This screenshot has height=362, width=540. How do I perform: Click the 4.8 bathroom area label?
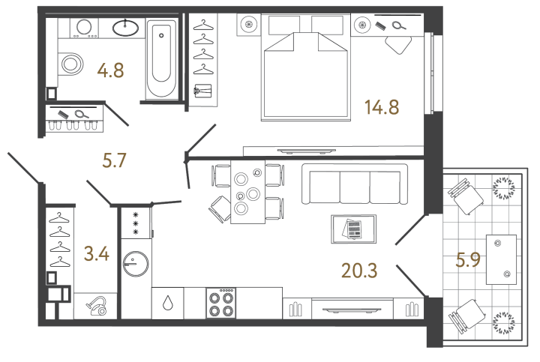pyautogui.click(x=110, y=72)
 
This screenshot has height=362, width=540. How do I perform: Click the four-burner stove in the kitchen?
pyautogui.click(x=223, y=304)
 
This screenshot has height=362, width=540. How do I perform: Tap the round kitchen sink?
pyautogui.click(x=134, y=264)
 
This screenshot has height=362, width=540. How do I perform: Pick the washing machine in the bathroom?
pyautogui.click(x=83, y=27)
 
